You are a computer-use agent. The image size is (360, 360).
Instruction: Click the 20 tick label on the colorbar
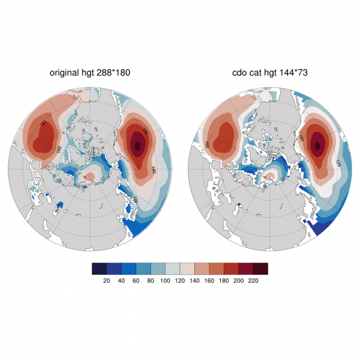(x=107, y=280)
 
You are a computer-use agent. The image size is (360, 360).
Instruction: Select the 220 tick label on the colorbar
(x=253, y=280)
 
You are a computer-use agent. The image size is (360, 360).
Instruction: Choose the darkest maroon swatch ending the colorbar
(x=260, y=268)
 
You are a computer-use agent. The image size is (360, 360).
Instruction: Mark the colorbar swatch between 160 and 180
(x=217, y=268)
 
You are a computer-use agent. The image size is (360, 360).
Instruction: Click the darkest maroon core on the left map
(x=138, y=145)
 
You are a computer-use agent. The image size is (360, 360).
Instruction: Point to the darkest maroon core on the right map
(x=317, y=144)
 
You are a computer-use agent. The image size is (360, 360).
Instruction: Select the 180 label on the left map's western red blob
(x=43, y=123)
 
